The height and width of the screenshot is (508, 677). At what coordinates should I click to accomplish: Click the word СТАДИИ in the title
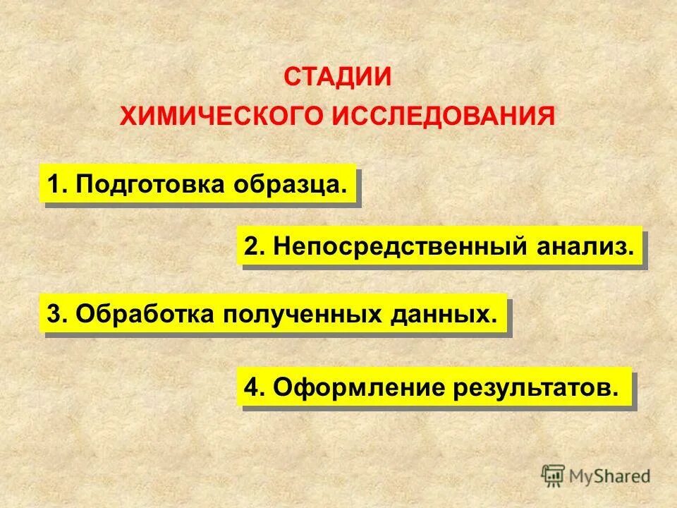tap(337, 76)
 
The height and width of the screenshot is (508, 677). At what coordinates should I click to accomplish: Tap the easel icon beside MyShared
tap(554, 476)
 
